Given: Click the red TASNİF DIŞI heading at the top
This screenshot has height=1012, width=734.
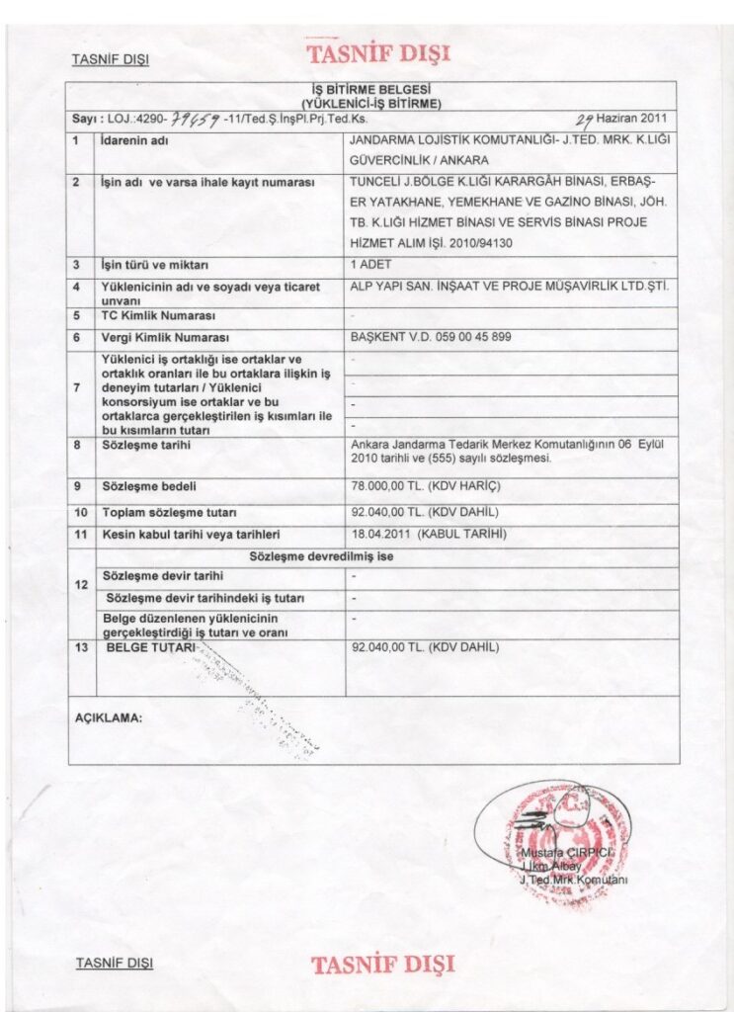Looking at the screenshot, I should (x=378, y=53).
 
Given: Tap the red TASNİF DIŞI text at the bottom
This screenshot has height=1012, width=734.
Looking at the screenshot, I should (x=382, y=964).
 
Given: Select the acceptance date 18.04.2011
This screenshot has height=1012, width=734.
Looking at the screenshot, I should (x=381, y=535).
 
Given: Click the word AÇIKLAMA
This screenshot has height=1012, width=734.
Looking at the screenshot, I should (x=109, y=718).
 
